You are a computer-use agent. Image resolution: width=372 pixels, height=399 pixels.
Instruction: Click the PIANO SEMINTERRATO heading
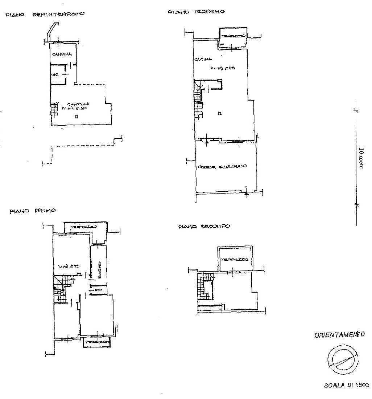pyautogui.click(x=45, y=15)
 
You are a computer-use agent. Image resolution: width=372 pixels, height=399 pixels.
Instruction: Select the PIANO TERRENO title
pyautogui.click(x=196, y=12)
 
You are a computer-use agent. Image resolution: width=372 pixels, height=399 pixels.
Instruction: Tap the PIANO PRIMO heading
pyautogui.click(x=33, y=211)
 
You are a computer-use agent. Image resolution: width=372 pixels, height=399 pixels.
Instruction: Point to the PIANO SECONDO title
pyautogui.click(x=204, y=227)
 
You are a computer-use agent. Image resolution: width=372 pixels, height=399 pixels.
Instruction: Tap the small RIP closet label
pyautogui.click(x=98, y=291)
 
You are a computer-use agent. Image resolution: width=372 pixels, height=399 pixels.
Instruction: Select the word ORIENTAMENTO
pyautogui.click(x=339, y=335)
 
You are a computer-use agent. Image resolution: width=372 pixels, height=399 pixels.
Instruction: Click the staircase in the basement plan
pyautogui.click(x=54, y=109)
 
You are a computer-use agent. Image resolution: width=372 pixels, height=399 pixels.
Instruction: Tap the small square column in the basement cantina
pyautogui.click(x=76, y=117)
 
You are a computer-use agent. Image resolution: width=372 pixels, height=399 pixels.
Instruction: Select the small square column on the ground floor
pyautogui.click(x=220, y=114)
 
